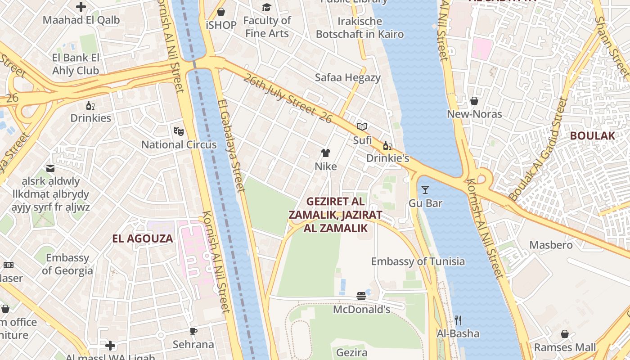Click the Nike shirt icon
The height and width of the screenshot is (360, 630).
(x=326, y=153)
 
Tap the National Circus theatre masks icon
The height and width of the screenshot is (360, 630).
(x=179, y=131)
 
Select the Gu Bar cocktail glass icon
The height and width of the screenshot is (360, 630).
(x=425, y=189)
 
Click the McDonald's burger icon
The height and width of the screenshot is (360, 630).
(x=361, y=296)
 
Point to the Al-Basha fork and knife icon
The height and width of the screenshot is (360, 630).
(x=458, y=320)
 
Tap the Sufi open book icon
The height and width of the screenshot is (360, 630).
(x=362, y=126)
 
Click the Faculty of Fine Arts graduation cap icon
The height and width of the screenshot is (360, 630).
(x=267, y=7)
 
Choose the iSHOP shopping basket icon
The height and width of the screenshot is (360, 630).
(x=221, y=11)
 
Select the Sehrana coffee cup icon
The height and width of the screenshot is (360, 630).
(x=193, y=331)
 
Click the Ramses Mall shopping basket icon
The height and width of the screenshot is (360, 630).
(x=565, y=334)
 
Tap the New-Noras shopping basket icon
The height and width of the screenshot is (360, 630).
(x=474, y=100)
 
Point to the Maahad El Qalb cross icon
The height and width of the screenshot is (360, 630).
(x=81, y=7)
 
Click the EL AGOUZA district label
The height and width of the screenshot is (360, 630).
(x=143, y=238)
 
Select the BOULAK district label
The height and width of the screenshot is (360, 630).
(x=592, y=135)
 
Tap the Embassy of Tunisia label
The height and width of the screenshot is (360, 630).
(x=418, y=261)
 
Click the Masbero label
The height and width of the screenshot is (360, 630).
(x=551, y=245)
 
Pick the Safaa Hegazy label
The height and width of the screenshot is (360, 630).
(x=347, y=77)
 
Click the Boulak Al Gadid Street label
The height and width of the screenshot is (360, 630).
(x=537, y=150)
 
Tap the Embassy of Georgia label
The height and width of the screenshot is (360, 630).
(x=67, y=264)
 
